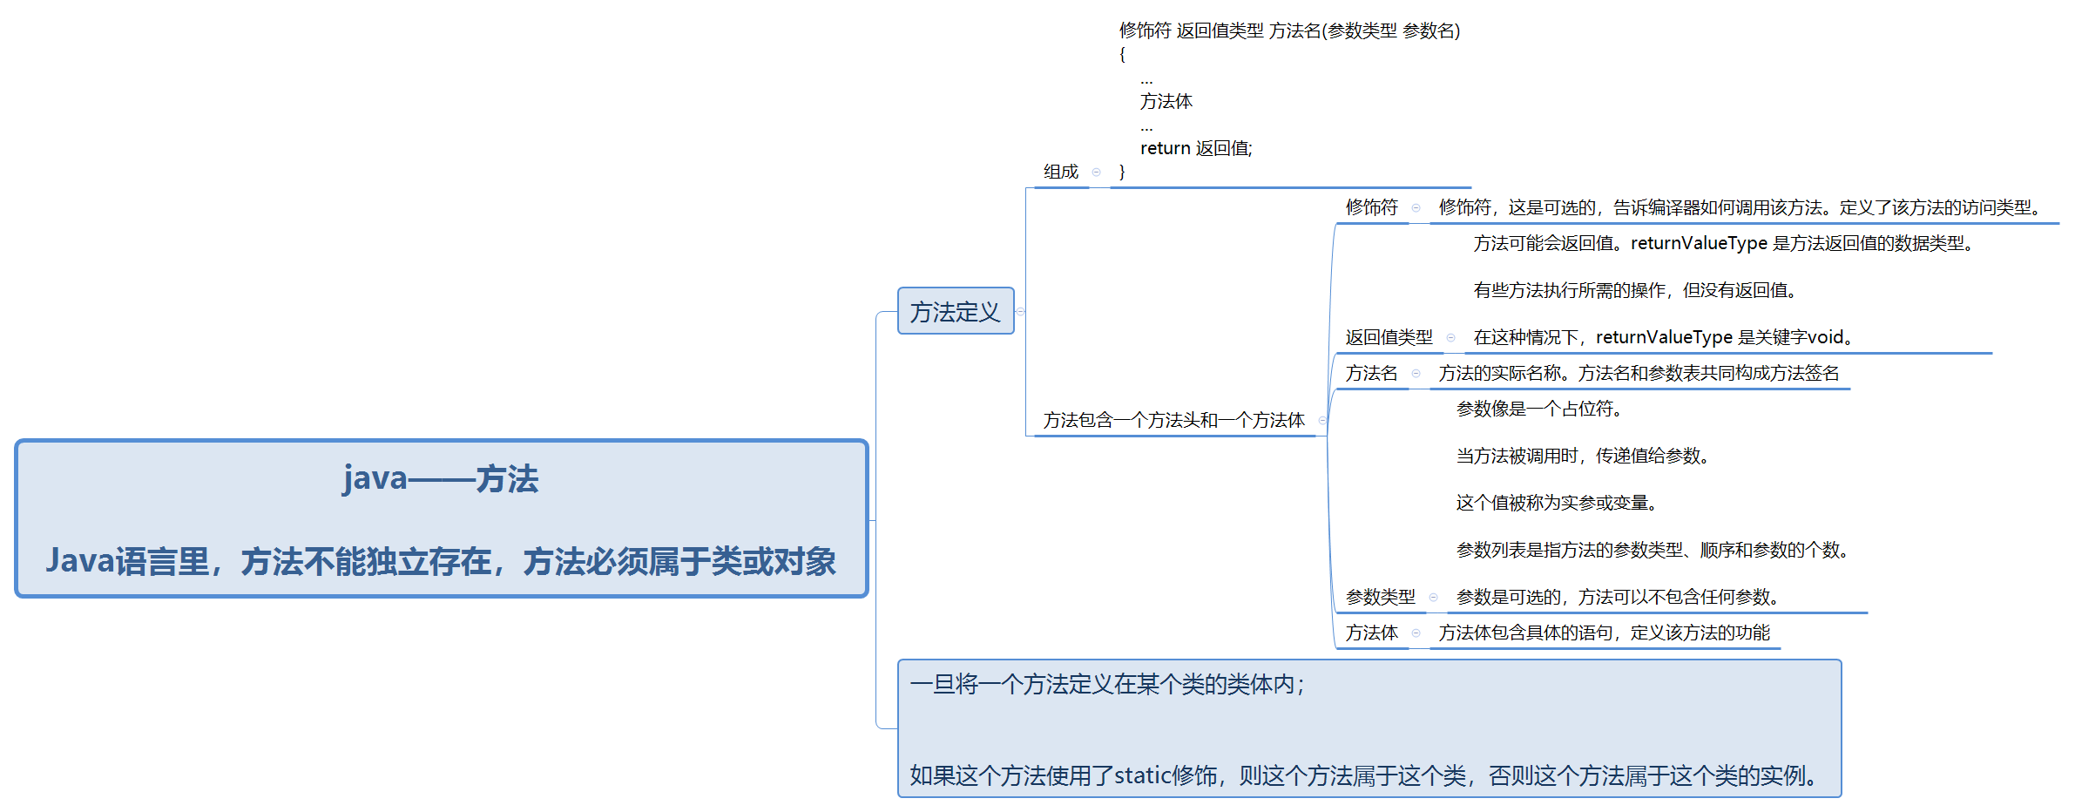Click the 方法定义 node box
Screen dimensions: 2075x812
(x=955, y=311)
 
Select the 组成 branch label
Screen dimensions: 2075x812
(x=1060, y=172)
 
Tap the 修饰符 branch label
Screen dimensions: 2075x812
(x=1371, y=207)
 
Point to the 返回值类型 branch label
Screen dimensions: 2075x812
(x=1389, y=337)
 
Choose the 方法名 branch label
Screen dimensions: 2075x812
(x=1371, y=373)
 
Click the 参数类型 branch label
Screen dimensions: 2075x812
(x=1380, y=597)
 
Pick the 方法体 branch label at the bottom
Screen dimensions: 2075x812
(x=1371, y=633)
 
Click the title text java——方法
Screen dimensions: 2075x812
(x=441, y=478)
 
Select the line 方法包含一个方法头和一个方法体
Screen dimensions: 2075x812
(x=1173, y=420)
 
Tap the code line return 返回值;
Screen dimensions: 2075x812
(x=1195, y=148)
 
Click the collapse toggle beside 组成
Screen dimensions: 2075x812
(x=1096, y=172)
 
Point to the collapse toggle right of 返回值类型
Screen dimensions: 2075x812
(x=1450, y=337)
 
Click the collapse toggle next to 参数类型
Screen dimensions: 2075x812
(x=1433, y=597)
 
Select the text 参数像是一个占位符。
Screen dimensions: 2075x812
(x=1538, y=409)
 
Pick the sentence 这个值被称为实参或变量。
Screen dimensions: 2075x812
(x=1556, y=503)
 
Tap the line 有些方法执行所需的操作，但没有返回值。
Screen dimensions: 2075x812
(x=1634, y=290)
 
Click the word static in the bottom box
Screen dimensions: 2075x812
(x=1142, y=775)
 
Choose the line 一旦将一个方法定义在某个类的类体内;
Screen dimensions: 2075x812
(x=1106, y=685)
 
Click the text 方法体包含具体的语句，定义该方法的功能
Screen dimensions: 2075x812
(x=1604, y=633)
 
